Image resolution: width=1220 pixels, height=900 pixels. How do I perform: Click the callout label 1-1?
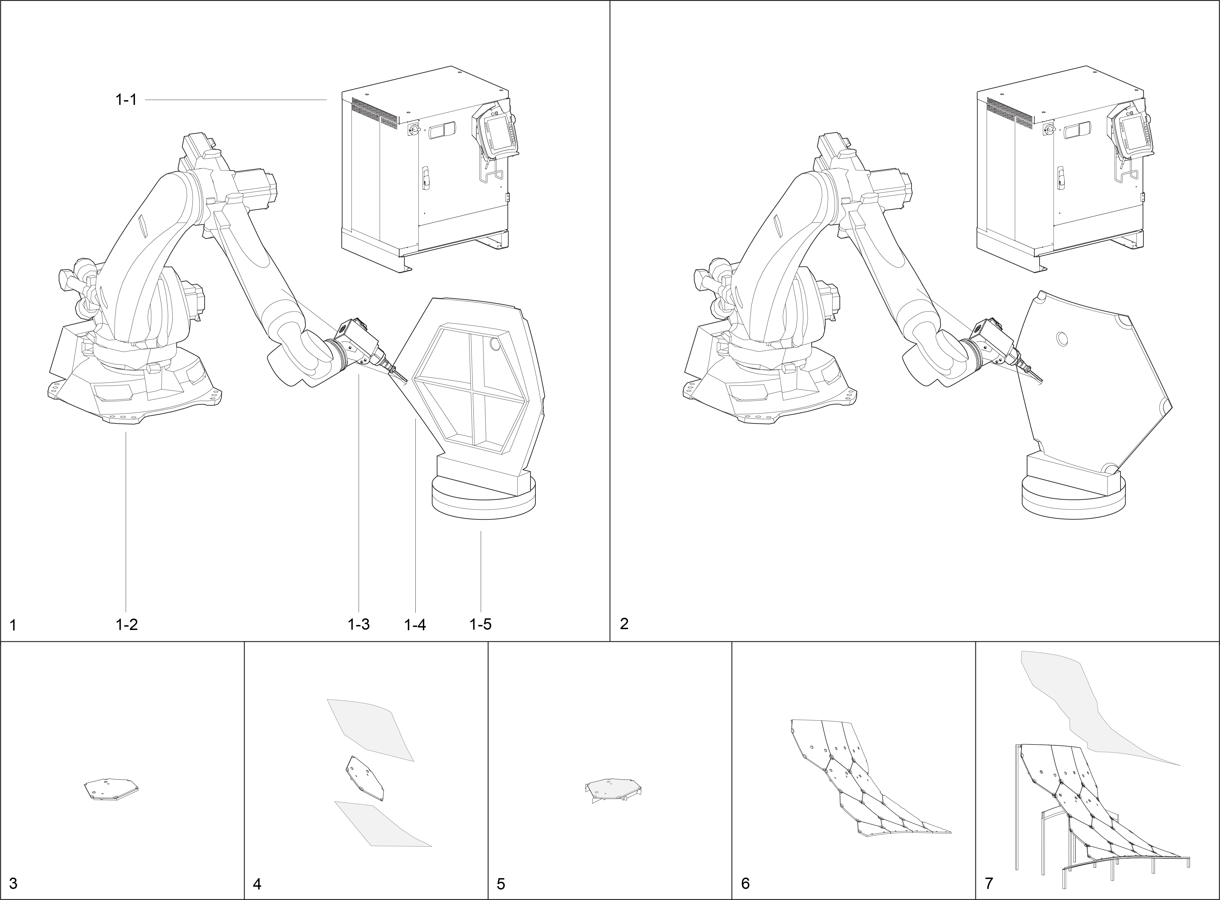click(x=126, y=100)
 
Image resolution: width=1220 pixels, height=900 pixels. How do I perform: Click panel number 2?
click(x=624, y=624)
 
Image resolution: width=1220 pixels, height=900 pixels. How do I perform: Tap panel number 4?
click(x=258, y=883)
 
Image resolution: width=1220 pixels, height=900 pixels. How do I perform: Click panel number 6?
click(x=745, y=883)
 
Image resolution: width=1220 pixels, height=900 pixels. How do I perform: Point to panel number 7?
click(x=989, y=883)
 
